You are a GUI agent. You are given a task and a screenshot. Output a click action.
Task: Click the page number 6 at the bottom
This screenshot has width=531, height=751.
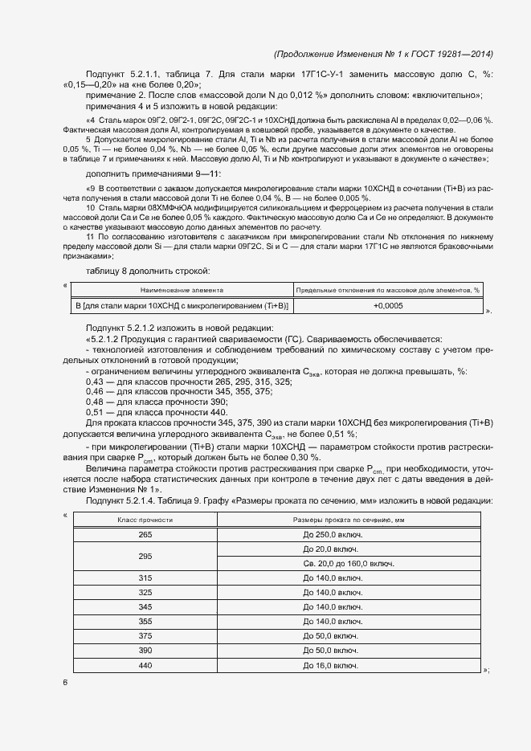coord(65,682)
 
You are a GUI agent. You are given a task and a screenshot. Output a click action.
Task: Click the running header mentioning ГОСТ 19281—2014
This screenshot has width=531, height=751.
coord(383,54)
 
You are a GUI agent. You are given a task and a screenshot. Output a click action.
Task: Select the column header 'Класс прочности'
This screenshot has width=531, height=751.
coord(145,520)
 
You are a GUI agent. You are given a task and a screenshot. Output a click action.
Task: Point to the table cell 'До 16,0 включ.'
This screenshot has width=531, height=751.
coord(330,666)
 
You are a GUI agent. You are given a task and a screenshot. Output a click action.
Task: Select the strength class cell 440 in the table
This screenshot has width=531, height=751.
coord(145,666)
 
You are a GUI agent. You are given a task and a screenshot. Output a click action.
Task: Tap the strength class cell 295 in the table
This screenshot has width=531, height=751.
coord(145,557)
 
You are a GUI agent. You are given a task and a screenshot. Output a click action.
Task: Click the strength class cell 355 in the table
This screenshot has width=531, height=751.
coord(145,622)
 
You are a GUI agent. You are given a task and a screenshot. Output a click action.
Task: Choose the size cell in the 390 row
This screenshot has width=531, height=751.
coord(330,651)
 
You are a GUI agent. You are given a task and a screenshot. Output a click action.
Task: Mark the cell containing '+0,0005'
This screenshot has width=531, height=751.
coord(388,306)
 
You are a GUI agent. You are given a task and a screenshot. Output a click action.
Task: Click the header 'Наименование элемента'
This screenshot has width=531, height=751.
coord(182,289)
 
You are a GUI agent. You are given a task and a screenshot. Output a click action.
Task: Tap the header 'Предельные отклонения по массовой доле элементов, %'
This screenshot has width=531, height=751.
coord(388,289)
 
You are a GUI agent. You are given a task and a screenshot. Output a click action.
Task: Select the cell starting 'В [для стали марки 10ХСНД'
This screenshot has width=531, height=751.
coord(182,306)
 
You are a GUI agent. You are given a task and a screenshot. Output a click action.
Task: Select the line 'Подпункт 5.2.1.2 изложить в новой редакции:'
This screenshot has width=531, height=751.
coord(180,328)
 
